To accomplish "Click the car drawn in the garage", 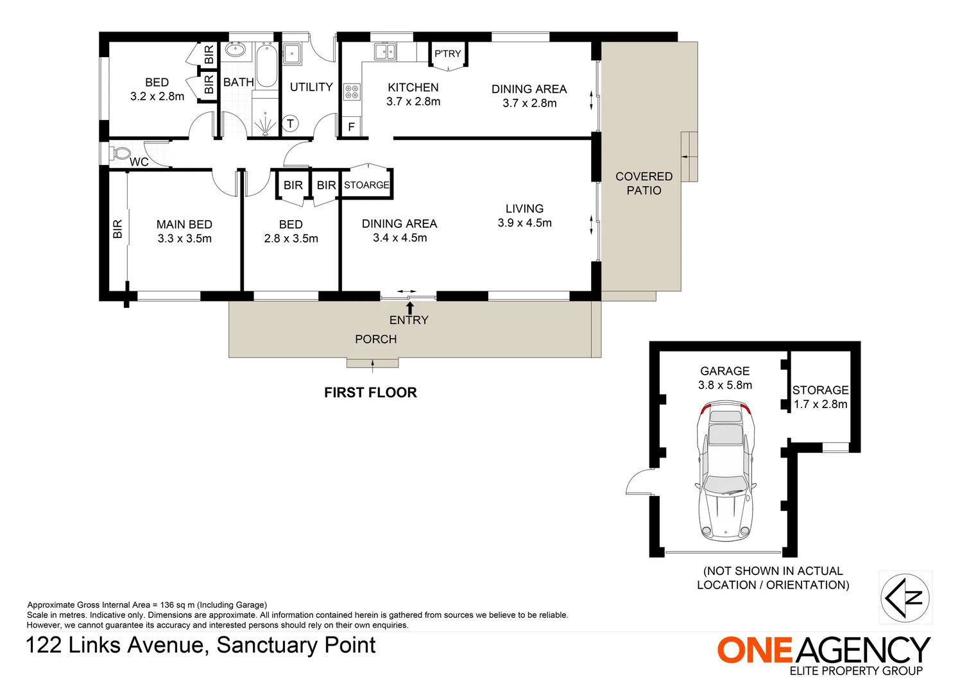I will pos(725,472).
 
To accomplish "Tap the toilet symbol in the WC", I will pos(120,154).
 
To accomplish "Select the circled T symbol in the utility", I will pos(290,124).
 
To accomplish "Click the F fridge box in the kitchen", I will pos(351,126).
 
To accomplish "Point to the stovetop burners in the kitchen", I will pos(351,91).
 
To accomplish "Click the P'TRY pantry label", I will pos(447,53).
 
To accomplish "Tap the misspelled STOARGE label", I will pos(366,185).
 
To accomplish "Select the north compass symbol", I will pos(904,597).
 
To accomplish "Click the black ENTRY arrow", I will pos(409,307).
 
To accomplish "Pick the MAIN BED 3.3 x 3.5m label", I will pos(184,231).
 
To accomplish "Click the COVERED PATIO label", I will pos(644,183).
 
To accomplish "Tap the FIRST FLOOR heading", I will pos(370,392).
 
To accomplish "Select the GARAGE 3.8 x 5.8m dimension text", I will pos(725,378).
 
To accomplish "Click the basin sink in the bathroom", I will pos(236,49).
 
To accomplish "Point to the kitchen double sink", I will pos(384,51).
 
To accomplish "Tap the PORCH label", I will pos(375,339).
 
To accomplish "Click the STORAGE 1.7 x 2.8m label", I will pos(820,397).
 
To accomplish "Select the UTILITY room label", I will pos(311,87).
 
